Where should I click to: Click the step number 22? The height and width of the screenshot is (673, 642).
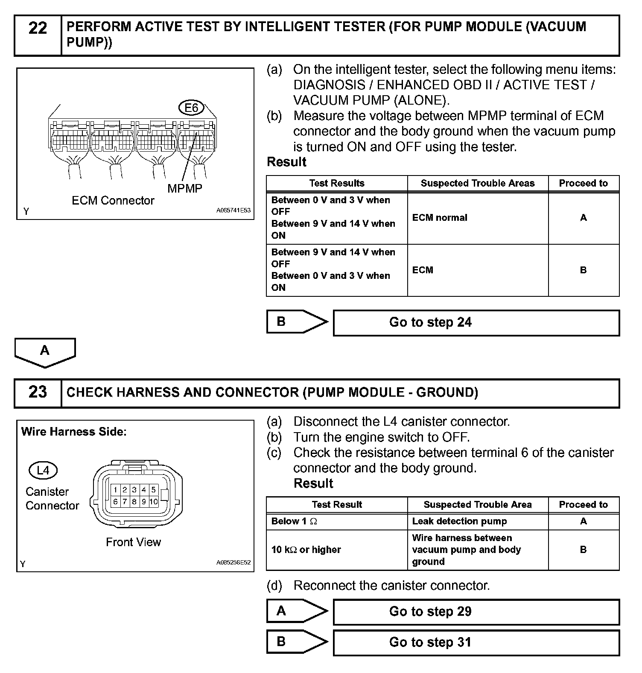pos(38,29)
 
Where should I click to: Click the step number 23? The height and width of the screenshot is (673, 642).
pos(38,392)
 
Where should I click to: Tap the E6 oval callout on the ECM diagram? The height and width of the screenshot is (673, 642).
pos(192,108)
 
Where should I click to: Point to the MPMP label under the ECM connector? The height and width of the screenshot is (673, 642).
pos(185,188)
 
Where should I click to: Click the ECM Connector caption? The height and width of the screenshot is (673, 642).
pos(113,201)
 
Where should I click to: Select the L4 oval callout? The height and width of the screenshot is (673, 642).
pos(43,471)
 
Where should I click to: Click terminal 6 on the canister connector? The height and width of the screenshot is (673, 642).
pos(115,502)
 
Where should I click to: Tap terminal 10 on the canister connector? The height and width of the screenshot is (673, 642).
pos(154,502)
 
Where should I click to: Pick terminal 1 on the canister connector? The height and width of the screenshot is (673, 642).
pos(115,490)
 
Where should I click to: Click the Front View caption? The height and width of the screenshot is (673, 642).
pos(133,542)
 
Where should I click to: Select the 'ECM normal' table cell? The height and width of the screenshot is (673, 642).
pos(440,218)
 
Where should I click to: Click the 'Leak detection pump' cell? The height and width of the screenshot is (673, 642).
pos(459,521)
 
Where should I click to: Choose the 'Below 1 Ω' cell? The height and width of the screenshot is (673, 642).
pos(295,521)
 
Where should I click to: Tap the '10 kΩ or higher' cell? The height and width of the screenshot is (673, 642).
pos(306,550)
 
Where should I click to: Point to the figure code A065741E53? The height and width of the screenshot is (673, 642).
pos(233,211)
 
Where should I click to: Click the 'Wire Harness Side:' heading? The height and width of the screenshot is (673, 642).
pos(74,432)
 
